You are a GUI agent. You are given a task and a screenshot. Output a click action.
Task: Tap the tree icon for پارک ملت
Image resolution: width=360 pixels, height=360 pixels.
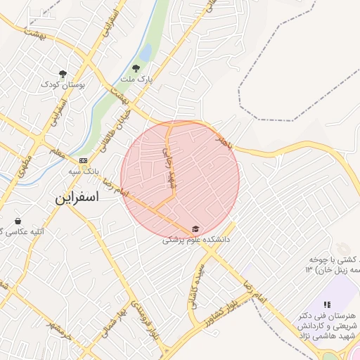coord(136,68)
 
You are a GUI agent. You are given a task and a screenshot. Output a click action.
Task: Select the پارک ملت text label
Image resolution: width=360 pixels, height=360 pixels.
coord(135,80)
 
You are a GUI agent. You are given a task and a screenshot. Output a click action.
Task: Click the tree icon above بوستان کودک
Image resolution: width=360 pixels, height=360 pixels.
coord(63,73)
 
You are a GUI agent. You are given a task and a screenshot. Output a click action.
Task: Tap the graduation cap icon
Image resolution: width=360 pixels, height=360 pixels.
coord(195,229)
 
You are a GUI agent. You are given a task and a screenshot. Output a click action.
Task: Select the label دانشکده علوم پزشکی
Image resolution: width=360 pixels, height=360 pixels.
coord(197,240)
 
